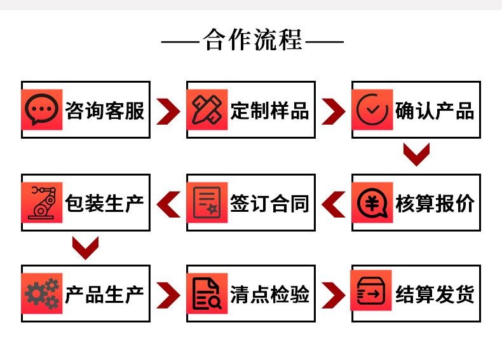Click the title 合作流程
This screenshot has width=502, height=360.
[252, 40]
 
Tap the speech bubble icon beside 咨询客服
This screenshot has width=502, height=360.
[41, 110]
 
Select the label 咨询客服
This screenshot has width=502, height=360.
[105, 111]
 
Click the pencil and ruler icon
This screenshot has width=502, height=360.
[207, 110]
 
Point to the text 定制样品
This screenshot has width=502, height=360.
[270, 111]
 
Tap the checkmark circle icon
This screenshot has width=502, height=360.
[372, 110]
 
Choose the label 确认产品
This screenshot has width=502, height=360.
[435, 111]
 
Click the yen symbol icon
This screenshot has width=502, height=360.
[372, 203]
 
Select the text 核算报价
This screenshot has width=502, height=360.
[435, 204]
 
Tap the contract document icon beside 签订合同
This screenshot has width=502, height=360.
[207, 203]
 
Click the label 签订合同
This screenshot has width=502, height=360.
[270, 204]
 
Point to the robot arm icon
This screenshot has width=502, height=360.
[41, 203]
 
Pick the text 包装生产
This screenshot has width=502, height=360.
[105, 204]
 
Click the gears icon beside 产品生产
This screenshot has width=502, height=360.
[41, 294]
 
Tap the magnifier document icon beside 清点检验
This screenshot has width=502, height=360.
[207, 294]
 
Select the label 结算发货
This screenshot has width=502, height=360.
[435, 294]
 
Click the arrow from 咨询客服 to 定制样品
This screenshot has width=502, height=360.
[168, 111]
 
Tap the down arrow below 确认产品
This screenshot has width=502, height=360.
[417, 155]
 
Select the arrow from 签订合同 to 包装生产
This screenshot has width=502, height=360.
[168, 204]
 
